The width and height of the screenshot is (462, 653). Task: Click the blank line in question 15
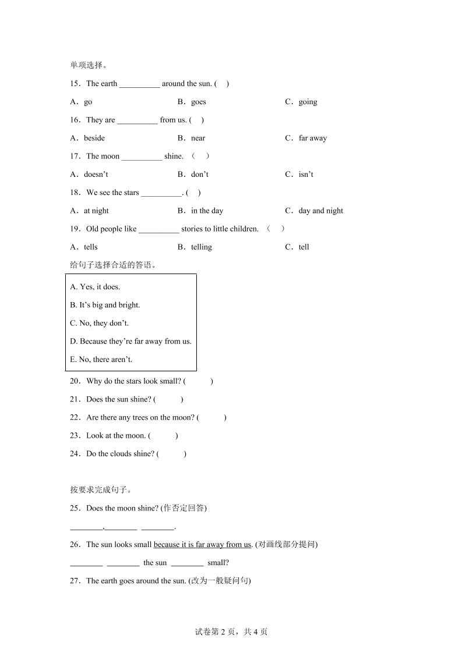click(x=139, y=84)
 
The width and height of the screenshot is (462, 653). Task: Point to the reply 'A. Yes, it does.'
click(x=95, y=286)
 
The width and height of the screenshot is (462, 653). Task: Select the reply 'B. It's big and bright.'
click(x=105, y=304)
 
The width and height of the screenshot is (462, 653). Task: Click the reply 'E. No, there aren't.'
click(x=101, y=359)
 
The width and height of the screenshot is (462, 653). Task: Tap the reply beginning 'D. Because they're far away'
click(x=131, y=341)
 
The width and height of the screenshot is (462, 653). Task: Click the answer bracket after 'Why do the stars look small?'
click(x=198, y=381)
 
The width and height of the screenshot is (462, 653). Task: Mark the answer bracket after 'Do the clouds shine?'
click(x=171, y=454)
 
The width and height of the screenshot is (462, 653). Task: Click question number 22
click(x=75, y=417)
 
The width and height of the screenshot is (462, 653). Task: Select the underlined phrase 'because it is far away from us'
click(x=202, y=544)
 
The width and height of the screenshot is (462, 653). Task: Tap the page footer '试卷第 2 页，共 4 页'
click(x=231, y=631)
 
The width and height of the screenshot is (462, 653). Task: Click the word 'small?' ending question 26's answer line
click(x=218, y=563)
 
